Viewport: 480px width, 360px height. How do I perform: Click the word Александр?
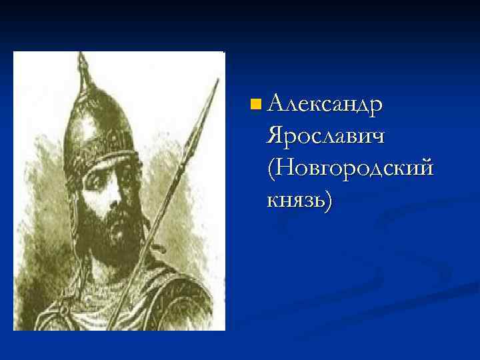[x=324, y=105]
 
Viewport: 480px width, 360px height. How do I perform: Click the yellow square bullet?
[x=255, y=104]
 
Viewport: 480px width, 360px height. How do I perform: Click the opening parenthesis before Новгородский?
[x=270, y=168]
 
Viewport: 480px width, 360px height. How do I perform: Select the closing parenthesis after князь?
[x=327, y=199]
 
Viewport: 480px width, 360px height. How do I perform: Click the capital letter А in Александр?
[x=276, y=104]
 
